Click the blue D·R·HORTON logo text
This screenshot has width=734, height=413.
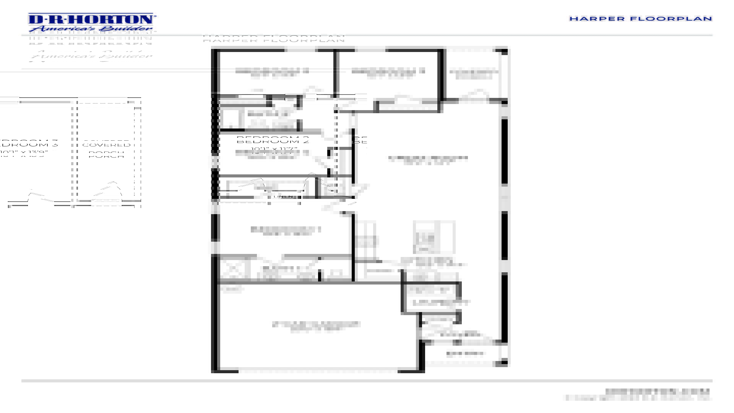(x=91, y=20)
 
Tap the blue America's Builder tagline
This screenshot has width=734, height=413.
(x=91, y=29)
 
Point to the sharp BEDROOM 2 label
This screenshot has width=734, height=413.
(x=273, y=140)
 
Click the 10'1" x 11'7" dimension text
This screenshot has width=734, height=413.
(x=274, y=149)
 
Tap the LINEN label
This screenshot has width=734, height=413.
(x=283, y=197)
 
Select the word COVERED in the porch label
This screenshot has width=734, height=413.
(x=106, y=145)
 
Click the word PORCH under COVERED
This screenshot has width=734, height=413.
(x=106, y=155)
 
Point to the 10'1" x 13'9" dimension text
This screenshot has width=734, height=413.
(x=24, y=153)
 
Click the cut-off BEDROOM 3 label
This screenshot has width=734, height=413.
(x=29, y=144)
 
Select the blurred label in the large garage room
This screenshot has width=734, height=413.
(x=316, y=326)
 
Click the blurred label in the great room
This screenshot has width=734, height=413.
(x=428, y=159)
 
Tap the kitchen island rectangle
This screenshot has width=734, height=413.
(x=434, y=237)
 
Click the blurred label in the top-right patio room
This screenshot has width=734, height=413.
(x=474, y=74)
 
